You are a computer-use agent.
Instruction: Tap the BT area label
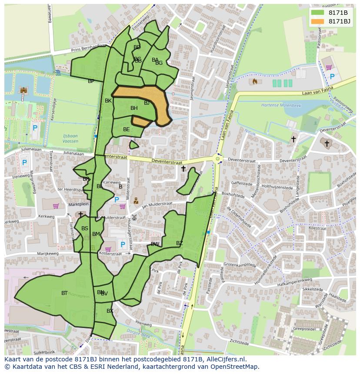click(x=64, y=293)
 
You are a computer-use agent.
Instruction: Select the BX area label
click(x=110, y=311)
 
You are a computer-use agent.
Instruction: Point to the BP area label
click(x=91, y=81)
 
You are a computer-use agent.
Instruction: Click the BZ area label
click(x=180, y=243)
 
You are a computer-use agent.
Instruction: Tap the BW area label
click(x=155, y=244)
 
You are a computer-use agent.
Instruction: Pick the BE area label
click(x=126, y=129)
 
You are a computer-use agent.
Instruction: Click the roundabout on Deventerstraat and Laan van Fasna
click(x=217, y=159)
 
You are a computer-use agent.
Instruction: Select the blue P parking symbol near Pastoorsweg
click(x=332, y=77)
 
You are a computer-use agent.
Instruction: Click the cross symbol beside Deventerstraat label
click(x=183, y=169)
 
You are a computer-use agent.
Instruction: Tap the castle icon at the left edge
click(x=23, y=90)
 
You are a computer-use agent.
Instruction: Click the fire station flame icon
click(x=255, y=81)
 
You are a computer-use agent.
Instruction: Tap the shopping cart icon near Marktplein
click(x=56, y=206)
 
